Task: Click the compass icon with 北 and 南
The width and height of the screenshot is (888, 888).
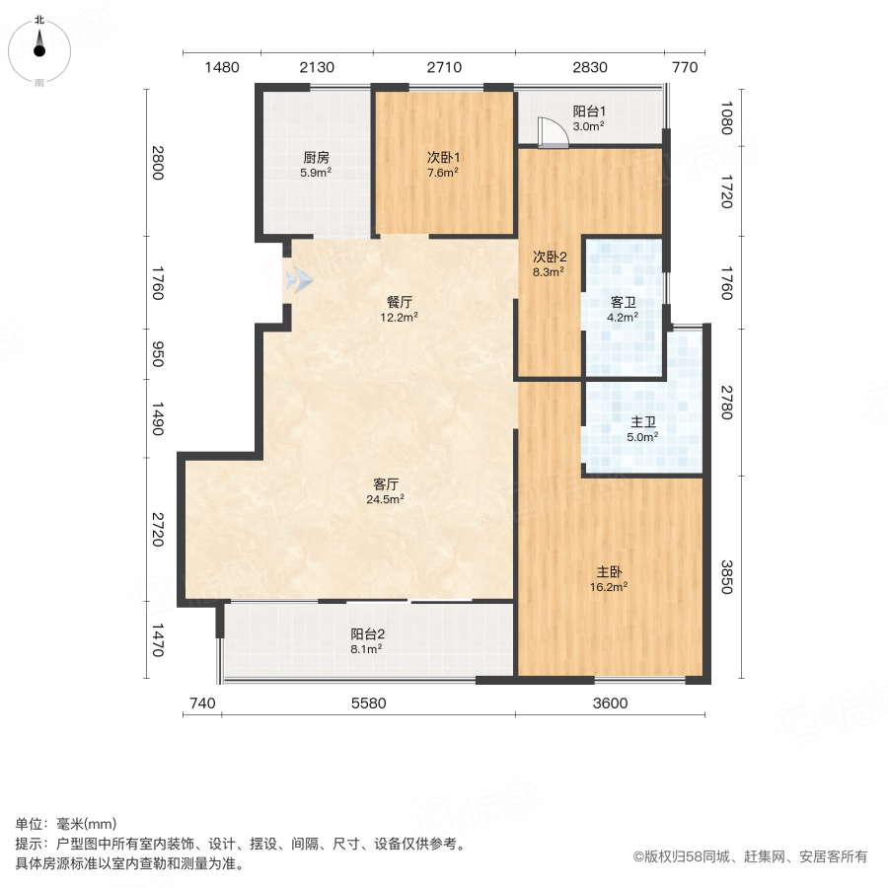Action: point(39,50)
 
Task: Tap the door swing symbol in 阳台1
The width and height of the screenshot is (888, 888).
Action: point(551,132)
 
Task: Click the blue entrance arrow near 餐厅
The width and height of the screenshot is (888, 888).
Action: point(299,282)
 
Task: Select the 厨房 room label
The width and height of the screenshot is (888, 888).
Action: point(316,157)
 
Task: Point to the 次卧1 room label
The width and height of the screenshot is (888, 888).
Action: point(443,157)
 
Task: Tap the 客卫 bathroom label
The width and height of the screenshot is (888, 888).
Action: point(622,303)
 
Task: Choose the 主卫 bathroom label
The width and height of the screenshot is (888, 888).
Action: point(644,421)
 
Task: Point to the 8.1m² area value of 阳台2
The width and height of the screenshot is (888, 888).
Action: point(367,648)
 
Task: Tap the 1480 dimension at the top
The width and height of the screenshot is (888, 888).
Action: point(222,68)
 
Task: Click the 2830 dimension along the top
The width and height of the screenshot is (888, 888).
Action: point(589,68)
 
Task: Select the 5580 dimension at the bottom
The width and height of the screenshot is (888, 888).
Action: point(368,703)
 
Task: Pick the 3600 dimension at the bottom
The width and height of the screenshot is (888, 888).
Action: point(610,703)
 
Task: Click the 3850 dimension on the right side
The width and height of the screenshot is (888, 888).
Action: point(727,578)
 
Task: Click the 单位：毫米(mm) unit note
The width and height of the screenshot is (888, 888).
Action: point(65,825)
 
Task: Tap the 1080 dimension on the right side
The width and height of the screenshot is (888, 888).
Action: point(727,119)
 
